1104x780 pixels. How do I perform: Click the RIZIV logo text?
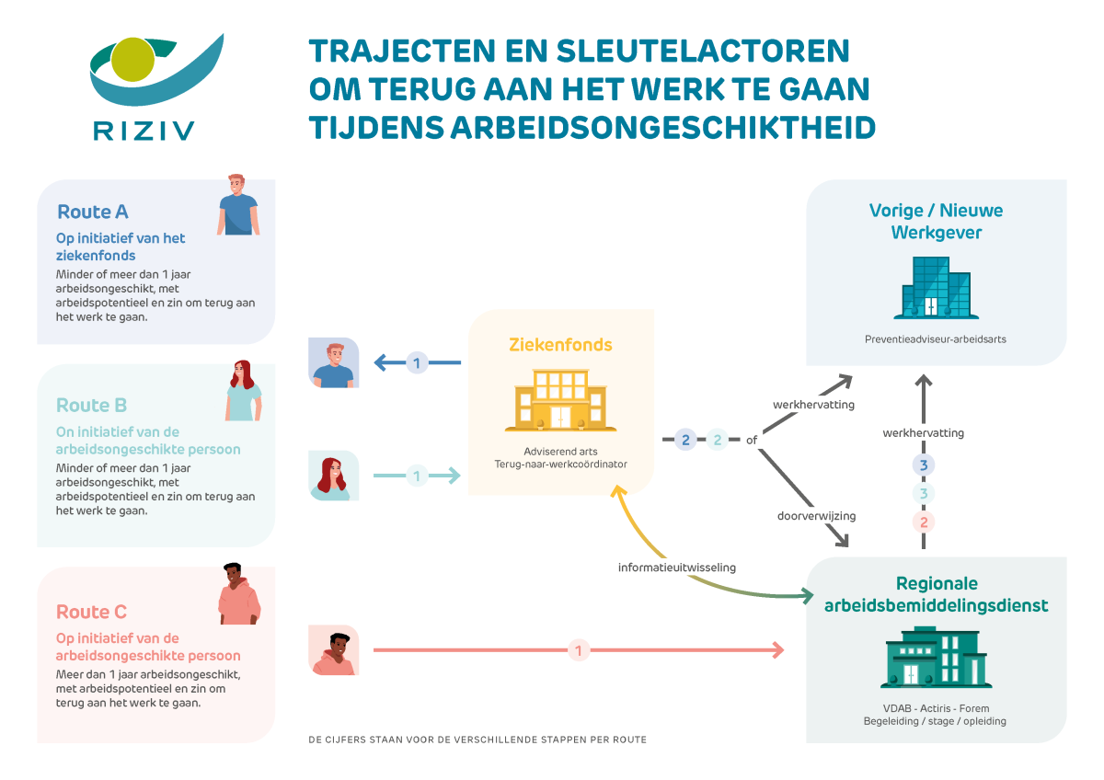pyautogui.click(x=144, y=130)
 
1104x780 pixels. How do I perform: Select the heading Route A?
pyautogui.click(x=92, y=212)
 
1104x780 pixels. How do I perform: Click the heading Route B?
pyautogui.click(x=91, y=405)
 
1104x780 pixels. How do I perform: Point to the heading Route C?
pyautogui.click(x=91, y=612)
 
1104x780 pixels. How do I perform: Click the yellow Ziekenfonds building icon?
pyautogui.click(x=559, y=401)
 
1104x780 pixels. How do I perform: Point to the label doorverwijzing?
pyautogui.click(x=816, y=516)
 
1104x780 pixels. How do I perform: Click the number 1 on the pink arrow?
pyautogui.click(x=578, y=650)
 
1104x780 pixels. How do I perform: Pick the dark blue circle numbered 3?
pyautogui.click(x=924, y=465)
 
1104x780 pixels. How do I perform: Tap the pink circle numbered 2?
pyautogui.click(x=924, y=522)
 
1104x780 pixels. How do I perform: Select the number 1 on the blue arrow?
pyautogui.click(x=416, y=362)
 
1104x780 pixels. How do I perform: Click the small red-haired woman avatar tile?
pyautogui.click(x=334, y=476)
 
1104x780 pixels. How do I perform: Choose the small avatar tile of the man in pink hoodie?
pyautogui.click(x=334, y=650)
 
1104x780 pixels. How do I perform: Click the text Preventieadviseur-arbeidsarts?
pyautogui.click(x=935, y=338)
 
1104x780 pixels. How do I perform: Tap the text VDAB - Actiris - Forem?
pyautogui.click(x=934, y=708)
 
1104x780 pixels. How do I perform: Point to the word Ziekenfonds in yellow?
pyautogui.click(x=560, y=345)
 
